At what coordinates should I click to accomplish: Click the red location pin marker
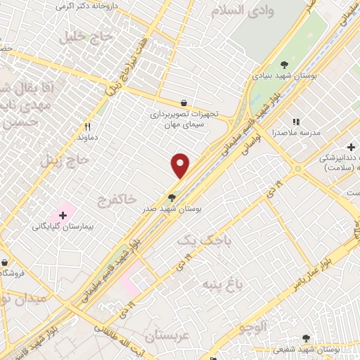click(181, 165)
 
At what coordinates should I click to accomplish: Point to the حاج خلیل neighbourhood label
click(70, 35)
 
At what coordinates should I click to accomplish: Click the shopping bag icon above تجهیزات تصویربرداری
click(184, 103)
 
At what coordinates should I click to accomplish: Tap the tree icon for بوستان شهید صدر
click(172, 198)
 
